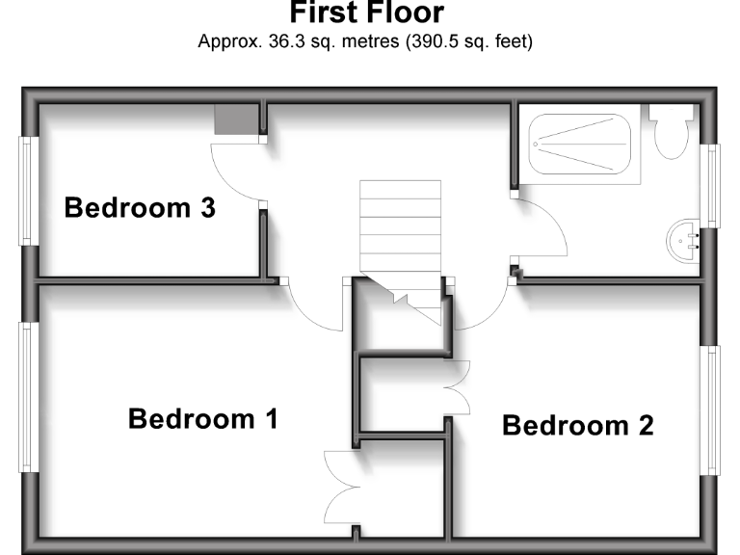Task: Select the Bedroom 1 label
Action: [202, 419]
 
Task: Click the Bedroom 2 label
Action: [577, 425]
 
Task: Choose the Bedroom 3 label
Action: [139, 207]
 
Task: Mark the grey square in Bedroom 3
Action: [237, 120]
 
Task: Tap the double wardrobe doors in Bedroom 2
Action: [458, 387]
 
